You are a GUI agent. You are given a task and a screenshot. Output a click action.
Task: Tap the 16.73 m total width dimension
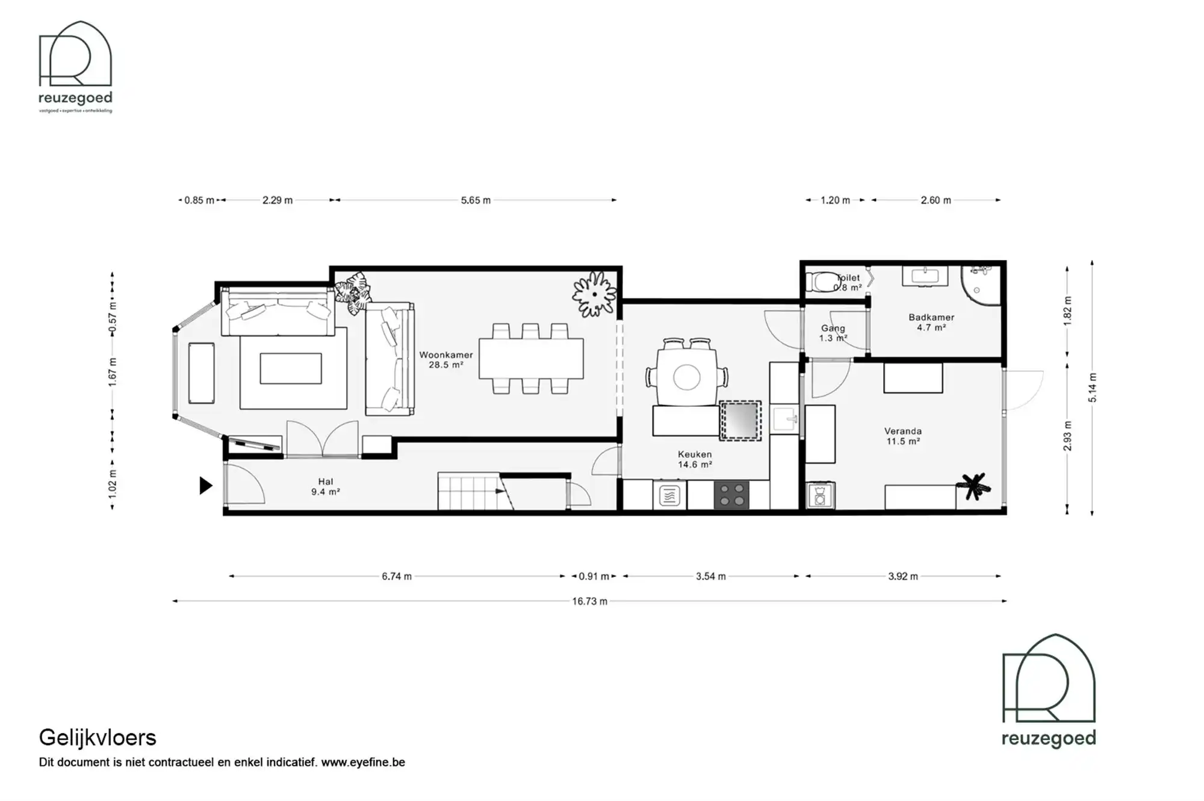tap(589, 601)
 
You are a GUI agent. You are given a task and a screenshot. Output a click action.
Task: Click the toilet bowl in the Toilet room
tap(821, 282)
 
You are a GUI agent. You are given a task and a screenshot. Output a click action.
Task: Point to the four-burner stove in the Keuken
tap(731, 495)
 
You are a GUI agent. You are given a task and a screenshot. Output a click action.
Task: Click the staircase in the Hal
tap(470, 492)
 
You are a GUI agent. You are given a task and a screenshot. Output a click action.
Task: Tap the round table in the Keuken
tap(686, 378)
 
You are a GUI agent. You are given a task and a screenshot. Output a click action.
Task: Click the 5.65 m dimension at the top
tap(476, 200)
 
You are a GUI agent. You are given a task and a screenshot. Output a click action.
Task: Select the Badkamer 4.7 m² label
tap(931, 322)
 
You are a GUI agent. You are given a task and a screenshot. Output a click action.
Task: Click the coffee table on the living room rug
tap(291, 368)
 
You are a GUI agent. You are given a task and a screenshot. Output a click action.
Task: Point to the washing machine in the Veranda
tap(820, 496)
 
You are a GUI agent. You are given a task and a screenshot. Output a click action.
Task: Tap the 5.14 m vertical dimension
tap(1093, 388)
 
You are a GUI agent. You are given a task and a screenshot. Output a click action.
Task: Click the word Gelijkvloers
tap(98, 737)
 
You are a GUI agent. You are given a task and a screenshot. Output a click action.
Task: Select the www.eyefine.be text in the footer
tap(363, 762)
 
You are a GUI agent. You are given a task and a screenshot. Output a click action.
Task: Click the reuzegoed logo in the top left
tap(75, 66)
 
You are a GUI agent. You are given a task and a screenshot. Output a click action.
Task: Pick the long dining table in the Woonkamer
tap(531, 359)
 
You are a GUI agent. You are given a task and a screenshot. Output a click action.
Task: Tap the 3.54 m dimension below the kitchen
tap(710, 577)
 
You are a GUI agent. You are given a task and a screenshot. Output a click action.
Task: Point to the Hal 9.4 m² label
tap(325, 486)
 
